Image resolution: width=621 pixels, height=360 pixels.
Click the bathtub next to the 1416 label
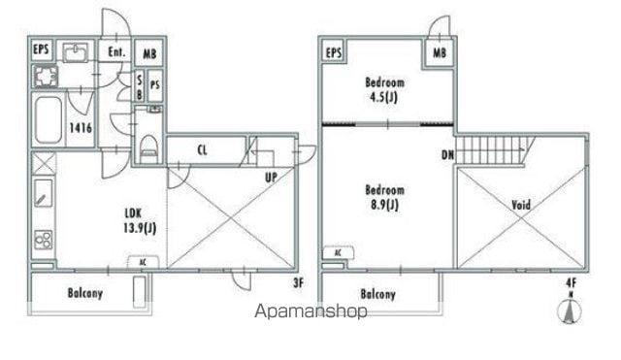[x=49, y=119]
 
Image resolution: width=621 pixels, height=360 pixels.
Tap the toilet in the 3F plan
[x=148, y=148]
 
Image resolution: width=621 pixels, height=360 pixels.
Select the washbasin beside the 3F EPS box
[x=76, y=52]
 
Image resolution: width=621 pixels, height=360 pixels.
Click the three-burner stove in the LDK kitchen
[x=43, y=239]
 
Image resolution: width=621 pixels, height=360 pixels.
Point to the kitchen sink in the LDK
[x=43, y=193]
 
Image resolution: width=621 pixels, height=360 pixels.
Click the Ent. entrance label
[x=116, y=51]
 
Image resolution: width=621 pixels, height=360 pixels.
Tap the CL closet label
[x=202, y=150]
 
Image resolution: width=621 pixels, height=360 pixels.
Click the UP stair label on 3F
[x=272, y=177]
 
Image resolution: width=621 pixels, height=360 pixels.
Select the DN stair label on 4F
[x=447, y=154]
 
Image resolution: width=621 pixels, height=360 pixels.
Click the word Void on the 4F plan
[x=521, y=205]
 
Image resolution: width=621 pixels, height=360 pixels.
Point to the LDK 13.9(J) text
[x=140, y=220]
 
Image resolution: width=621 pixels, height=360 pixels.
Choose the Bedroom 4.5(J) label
[x=384, y=89]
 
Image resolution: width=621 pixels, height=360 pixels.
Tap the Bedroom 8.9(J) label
[x=384, y=197]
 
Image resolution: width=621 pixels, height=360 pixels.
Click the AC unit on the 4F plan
[x=339, y=252]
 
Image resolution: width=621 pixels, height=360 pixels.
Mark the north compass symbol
[x=571, y=309]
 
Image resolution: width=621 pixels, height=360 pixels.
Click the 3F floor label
[x=298, y=282]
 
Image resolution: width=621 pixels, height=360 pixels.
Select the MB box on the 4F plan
[x=440, y=52]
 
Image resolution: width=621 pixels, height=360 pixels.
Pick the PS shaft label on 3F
[x=155, y=85]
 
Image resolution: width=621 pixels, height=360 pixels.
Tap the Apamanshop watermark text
[x=310, y=311]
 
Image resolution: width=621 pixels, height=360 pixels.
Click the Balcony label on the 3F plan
[x=85, y=293]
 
